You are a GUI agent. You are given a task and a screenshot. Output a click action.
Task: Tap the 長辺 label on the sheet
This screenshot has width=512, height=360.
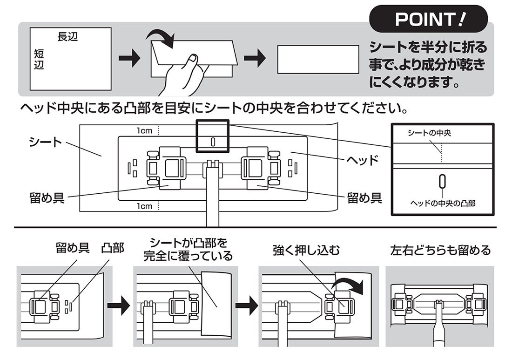point(67,37)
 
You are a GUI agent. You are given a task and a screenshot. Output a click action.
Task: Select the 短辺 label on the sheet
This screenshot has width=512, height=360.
point(39,59)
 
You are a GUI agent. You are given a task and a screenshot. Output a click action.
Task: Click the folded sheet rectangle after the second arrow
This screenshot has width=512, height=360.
point(318,59)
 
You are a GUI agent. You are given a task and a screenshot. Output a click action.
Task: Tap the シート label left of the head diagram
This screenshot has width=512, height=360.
point(45,142)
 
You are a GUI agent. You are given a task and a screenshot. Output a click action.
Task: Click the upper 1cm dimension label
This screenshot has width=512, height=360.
point(144,131)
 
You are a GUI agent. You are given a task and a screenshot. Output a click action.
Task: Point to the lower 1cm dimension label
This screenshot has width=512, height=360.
point(144,205)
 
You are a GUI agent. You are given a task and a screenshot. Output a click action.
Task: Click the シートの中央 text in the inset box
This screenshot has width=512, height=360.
point(429,134)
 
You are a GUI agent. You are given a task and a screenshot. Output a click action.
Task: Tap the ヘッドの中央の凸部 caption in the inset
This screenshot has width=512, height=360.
point(442,203)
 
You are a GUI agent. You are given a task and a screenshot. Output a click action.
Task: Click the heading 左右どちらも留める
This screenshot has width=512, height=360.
point(440,251)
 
